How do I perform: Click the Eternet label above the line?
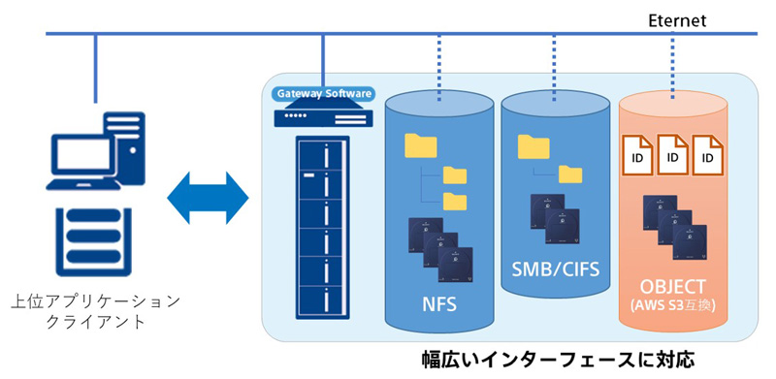click(x=677, y=21)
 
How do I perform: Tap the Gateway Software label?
click(x=323, y=93)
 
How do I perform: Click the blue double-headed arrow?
click(x=208, y=198)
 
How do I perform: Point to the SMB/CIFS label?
click(x=556, y=269)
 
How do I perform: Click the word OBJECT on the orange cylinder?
click(x=673, y=287)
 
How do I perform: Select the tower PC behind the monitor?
click(x=125, y=147)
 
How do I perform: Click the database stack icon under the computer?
click(x=93, y=241)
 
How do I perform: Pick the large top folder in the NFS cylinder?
click(x=421, y=145)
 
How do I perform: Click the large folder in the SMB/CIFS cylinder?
click(x=533, y=147)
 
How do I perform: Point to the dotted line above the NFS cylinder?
click(x=439, y=68)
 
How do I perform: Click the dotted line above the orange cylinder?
click(x=673, y=66)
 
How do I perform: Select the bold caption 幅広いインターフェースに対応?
click(x=559, y=360)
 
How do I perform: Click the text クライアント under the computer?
click(x=95, y=322)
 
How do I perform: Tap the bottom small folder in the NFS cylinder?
click(x=455, y=201)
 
